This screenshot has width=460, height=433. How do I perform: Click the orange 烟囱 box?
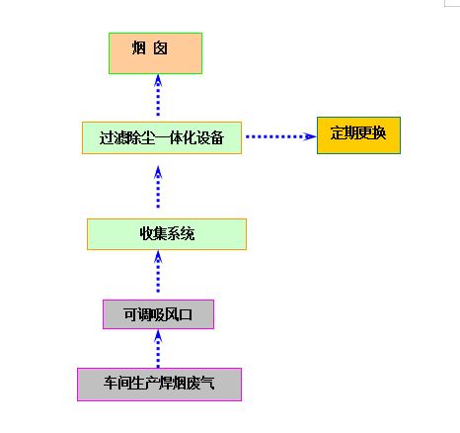tap(155, 53)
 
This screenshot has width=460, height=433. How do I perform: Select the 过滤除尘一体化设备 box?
tap(162, 137)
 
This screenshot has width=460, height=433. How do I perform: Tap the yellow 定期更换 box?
tap(358, 135)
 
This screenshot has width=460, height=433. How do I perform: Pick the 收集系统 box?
tap(167, 234)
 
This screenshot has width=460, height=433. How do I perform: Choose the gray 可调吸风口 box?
tap(158, 314)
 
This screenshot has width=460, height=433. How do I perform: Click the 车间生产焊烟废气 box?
tap(159, 385)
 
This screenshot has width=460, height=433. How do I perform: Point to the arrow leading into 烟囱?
tap(158, 96)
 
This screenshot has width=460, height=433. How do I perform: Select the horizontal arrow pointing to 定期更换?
tap(280, 136)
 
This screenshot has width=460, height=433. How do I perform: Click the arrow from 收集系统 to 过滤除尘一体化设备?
tap(158, 187)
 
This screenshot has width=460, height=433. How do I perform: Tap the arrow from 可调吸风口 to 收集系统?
tap(158, 272)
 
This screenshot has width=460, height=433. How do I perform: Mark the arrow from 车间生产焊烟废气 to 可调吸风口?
tap(158, 349)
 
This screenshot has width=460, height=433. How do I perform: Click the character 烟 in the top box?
tap(138, 47)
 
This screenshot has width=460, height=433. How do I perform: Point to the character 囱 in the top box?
tap(160, 48)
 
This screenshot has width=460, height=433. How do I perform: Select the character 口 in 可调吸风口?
tap(186, 314)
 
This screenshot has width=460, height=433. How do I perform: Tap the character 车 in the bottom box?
tap(111, 383)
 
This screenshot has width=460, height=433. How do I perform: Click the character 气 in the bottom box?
tap(207, 383)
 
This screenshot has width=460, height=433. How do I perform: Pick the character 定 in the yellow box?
tap(338, 133)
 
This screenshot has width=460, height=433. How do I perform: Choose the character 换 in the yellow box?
tap(379, 133)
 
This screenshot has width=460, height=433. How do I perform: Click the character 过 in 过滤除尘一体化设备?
tap(107, 137)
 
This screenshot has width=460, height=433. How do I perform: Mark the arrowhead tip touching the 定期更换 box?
tap(316, 136)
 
